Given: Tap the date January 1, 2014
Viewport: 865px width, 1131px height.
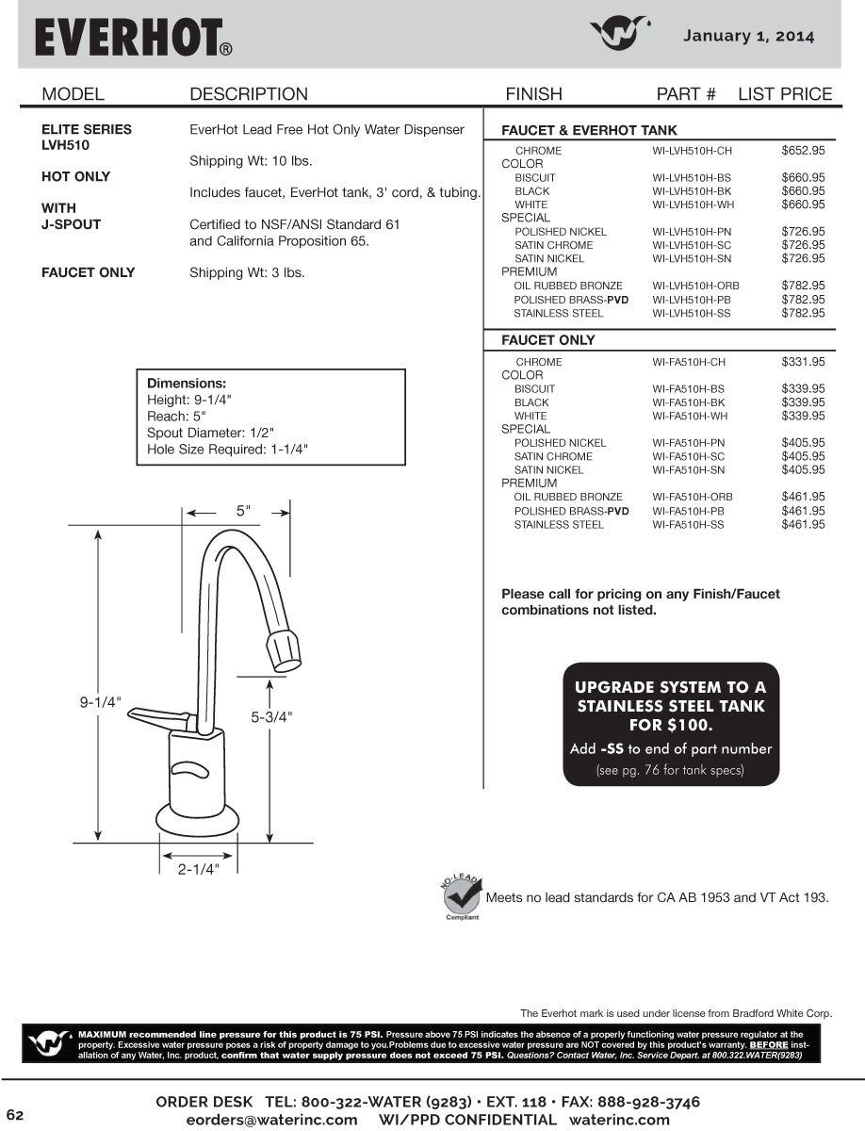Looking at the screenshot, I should [x=748, y=37].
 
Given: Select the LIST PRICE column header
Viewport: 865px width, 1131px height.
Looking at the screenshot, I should [x=784, y=94].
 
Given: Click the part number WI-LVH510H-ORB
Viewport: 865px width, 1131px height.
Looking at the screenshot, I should [x=695, y=286].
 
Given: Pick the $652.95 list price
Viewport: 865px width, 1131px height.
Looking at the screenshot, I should [x=803, y=151].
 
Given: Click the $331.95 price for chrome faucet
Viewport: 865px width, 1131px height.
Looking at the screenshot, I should [x=803, y=362].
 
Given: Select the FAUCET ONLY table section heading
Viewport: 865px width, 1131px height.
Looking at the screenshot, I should [x=548, y=340].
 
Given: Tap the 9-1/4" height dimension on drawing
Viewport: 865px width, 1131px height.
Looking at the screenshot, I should [x=101, y=702].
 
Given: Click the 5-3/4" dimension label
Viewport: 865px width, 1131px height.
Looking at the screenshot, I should [x=271, y=717].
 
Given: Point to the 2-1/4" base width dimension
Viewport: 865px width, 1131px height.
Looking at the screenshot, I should [x=198, y=869].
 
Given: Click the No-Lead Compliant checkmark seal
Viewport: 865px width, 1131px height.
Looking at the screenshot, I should [x=462, y=895].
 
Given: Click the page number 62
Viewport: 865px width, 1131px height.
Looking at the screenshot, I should [x=15, y=1116].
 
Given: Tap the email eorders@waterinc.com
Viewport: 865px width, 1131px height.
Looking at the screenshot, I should [x=271, y=1120].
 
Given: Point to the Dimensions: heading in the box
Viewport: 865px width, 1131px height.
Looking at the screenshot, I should [x=187, y=384].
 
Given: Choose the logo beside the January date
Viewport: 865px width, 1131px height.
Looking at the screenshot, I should [x=621, y=34].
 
